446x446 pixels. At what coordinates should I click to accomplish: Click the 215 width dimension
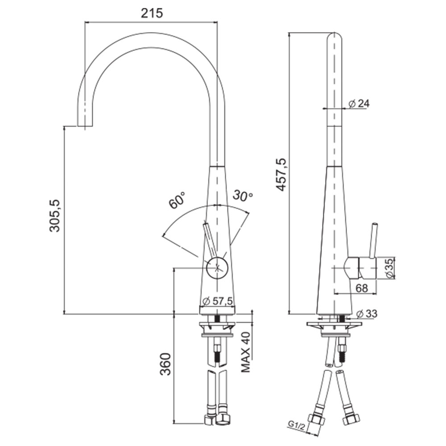(152, 13)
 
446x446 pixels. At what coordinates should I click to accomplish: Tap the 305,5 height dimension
(55, 215)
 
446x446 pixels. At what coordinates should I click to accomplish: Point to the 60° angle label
(177, 200)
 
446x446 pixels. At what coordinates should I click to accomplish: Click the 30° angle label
(243, 195)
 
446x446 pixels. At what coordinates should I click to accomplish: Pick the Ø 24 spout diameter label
(359, 104)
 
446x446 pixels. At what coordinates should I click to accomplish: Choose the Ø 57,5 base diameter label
(217, 301)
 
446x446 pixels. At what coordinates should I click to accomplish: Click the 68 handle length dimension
(362, 288)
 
